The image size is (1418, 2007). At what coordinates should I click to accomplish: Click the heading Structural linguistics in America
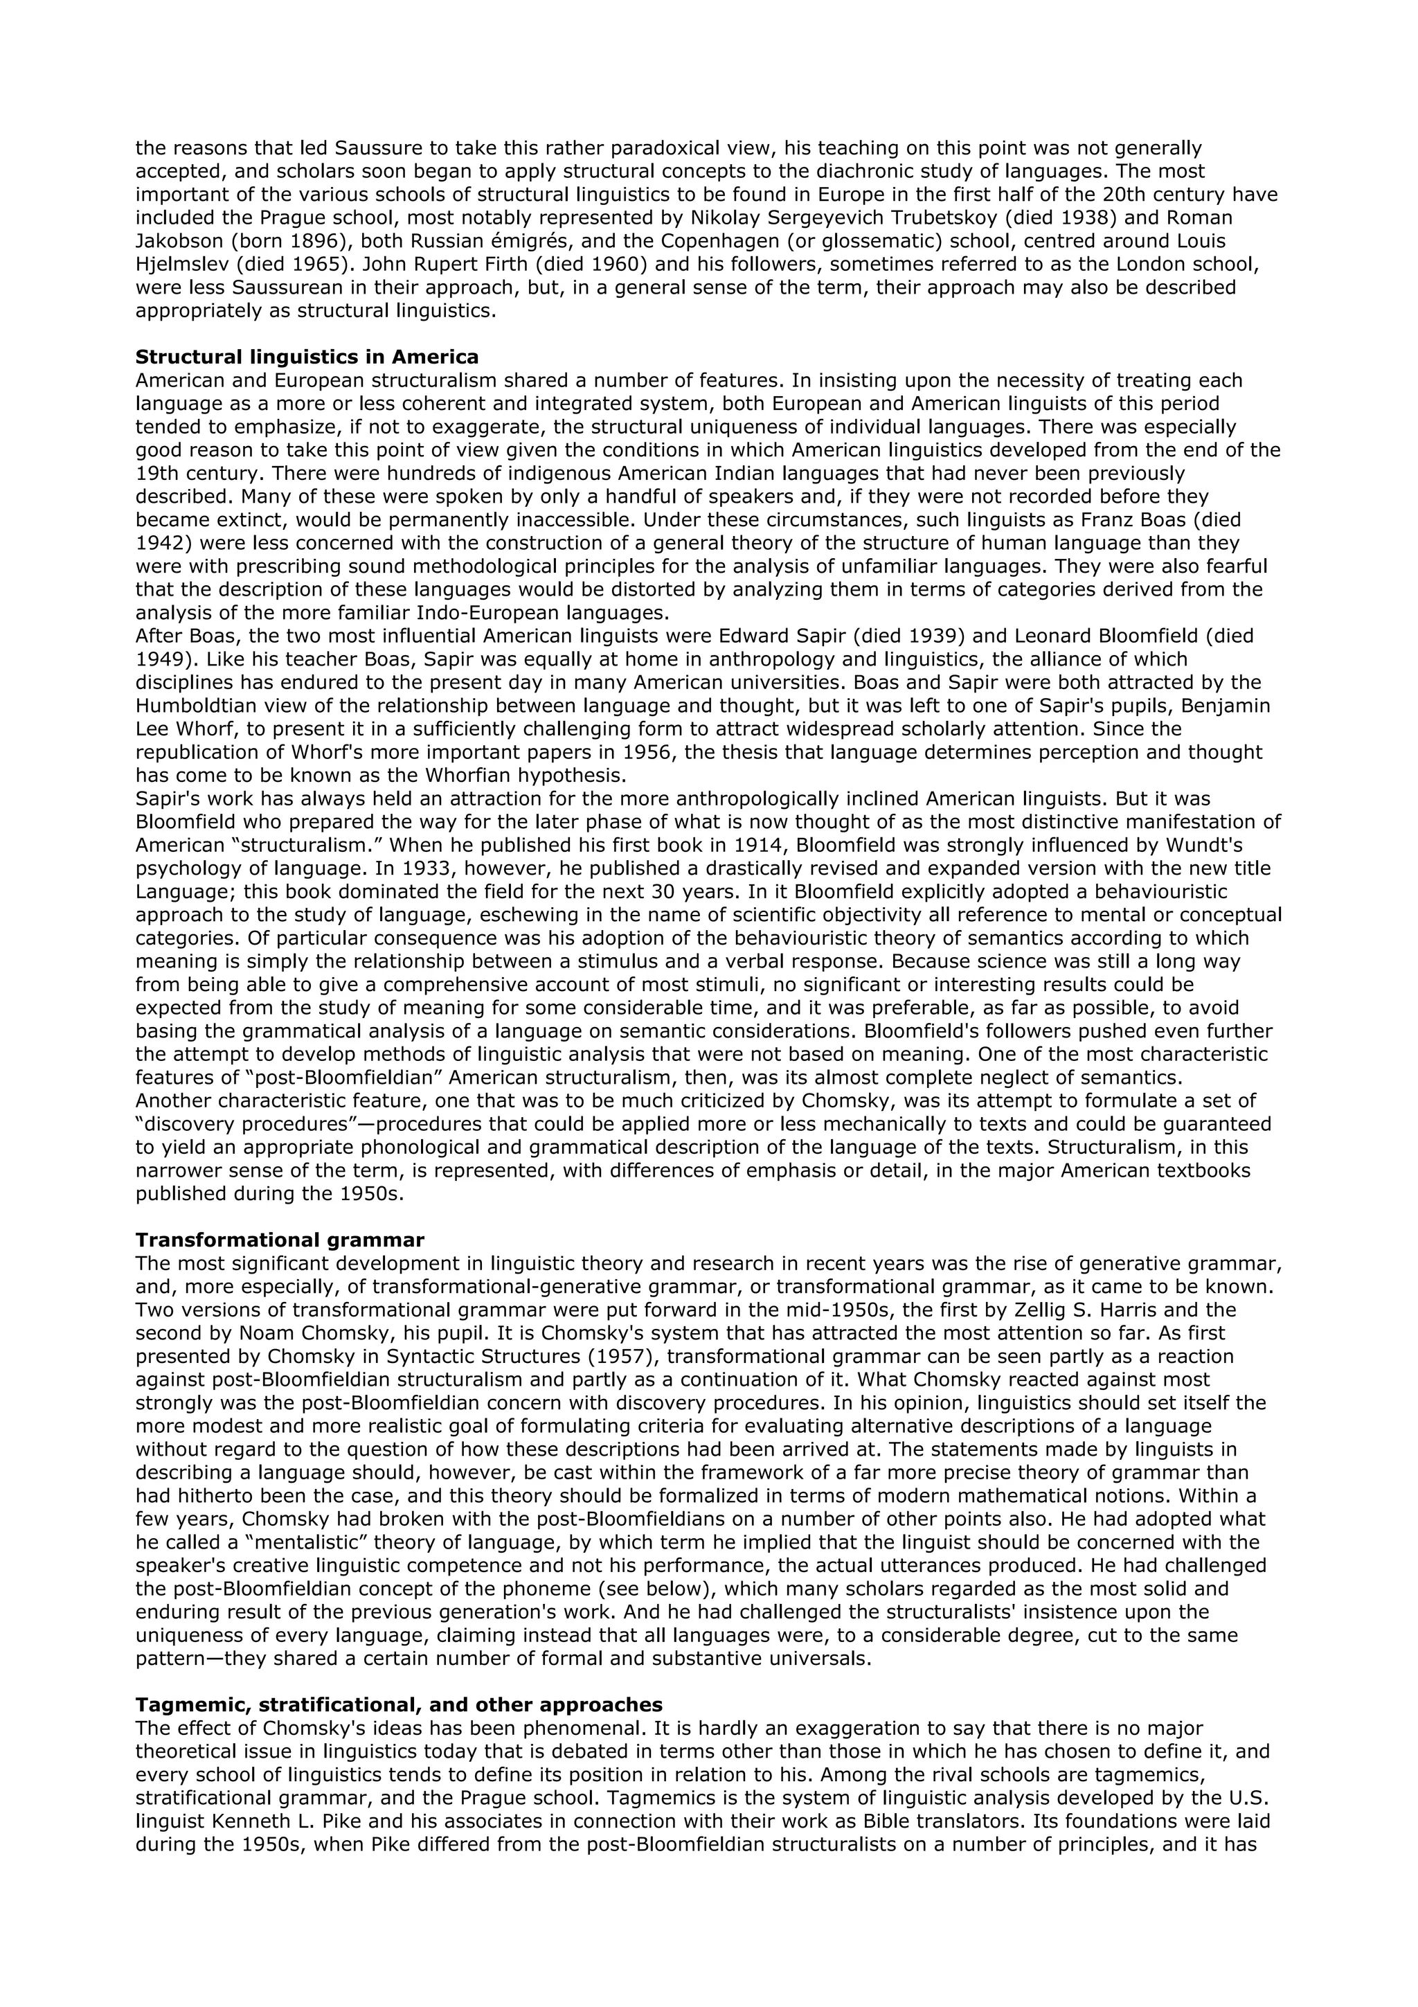[x=307, y=357]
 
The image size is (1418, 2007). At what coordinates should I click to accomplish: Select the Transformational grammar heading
[x=280, y=1240]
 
